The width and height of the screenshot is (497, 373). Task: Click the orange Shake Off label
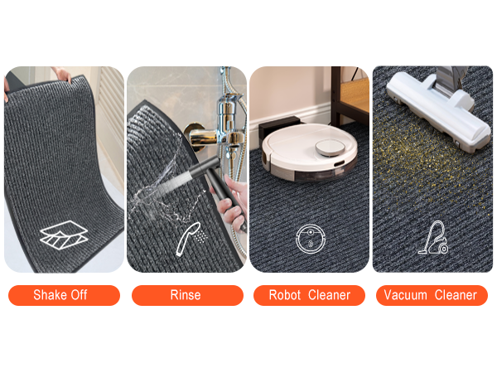coord(64,295)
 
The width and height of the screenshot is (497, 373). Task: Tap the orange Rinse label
coord(187,295)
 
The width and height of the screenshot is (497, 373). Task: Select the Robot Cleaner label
coord(309,295)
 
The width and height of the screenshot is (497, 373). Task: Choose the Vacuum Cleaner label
coord(432,295)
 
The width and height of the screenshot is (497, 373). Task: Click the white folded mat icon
coord(64,235)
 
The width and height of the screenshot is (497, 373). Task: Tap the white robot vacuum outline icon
coord(311,239)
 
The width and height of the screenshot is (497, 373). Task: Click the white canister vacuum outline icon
coord(433,238)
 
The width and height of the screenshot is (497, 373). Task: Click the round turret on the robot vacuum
coord(330,148)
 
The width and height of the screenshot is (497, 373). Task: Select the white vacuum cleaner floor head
coord(437,111)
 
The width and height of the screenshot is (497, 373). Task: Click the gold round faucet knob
coord(193,137)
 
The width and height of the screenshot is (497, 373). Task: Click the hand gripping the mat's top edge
coord(62,75)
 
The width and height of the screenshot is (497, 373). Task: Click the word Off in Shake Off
coord(79,295)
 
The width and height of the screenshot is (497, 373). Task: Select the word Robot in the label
coord(285,295)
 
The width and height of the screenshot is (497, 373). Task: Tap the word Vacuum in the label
coord(405,295)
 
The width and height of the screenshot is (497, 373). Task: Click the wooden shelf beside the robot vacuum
coord(350,95)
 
